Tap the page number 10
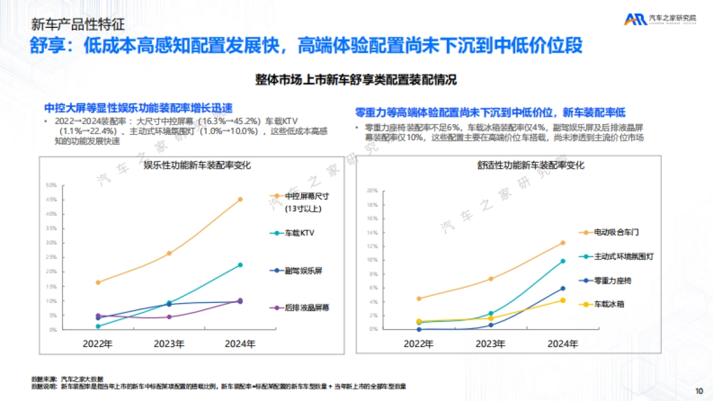pos(698,390)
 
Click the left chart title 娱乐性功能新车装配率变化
pos(197,166)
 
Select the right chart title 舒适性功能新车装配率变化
pos(531,166)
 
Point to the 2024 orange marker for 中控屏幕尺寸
pos(240,200)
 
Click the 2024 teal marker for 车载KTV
pos(240,265)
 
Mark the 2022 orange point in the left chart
pos(98,282)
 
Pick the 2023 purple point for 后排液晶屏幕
pos(169,317)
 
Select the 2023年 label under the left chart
pos(169,343)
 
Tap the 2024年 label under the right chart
pos(562,343)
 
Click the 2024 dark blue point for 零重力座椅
pos(562,288)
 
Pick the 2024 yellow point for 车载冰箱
pos(562,300)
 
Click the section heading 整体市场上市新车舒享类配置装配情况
pos(356,79)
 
